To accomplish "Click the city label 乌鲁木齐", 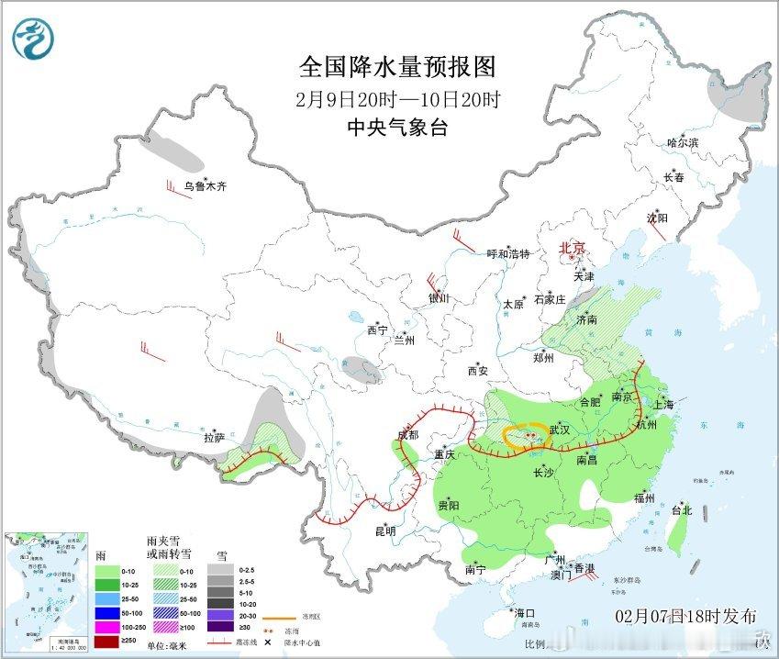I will [x=204, y=186].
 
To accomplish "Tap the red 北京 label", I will [x=573, y=249].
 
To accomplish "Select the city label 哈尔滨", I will [x=683, y=143].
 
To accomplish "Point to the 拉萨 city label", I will [x=214, y=438].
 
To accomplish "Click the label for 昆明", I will [x=384, y=531].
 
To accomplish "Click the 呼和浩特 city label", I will [x=508, y=254].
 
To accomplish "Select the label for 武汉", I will [x=560, y=430].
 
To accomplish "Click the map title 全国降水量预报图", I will [x=397, y=67].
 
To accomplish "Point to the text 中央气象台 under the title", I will [x=397, y=128].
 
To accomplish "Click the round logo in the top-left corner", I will [x=34, y=39].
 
